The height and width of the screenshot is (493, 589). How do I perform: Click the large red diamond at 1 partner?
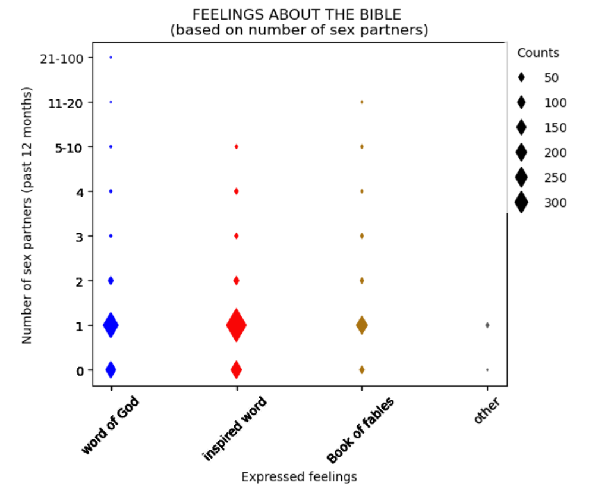[x=236, y=325]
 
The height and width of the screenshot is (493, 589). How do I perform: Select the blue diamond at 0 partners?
[x=111, y=370]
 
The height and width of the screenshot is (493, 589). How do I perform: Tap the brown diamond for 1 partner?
[x=361, y=325]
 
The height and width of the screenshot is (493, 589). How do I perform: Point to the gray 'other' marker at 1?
[x=487, y=325]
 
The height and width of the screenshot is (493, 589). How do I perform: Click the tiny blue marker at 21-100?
[x=111, y=58]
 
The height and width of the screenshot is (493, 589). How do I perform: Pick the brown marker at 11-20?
[x=361, y=102]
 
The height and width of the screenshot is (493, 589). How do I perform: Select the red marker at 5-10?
[x=236, y=146]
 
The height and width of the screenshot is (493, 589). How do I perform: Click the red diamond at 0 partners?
[x=236, y=370]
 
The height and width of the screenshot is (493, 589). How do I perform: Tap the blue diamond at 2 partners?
[x=111, y=280]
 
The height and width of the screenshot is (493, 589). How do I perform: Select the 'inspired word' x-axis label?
[x=234, y=429]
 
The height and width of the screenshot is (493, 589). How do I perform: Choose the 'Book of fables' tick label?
[x=360, y=430]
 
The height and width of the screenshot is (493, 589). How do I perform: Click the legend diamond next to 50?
[x=521, y=78]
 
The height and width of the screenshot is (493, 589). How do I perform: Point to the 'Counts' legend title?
[x=538, y=53]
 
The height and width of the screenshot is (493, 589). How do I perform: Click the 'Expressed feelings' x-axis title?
[x=299, y=477]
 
